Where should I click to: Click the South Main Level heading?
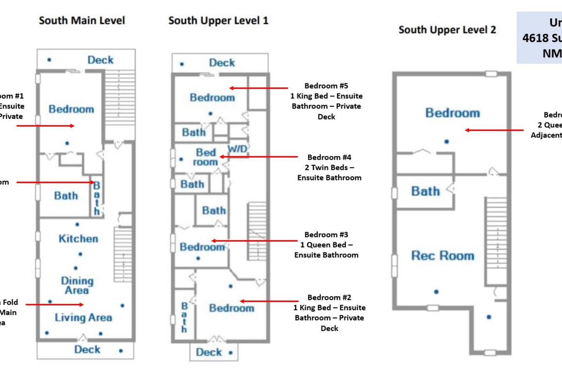coord(82,21)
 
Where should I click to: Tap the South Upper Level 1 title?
coord(218,21)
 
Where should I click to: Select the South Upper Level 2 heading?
coord(447,30)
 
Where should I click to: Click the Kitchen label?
coord(78,238)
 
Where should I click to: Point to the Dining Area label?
coord(77,285)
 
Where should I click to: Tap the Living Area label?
coord(83,318)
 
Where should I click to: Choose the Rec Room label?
coord(443,256)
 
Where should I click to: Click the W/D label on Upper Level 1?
coord(237,148)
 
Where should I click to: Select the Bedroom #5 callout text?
coord(326,101)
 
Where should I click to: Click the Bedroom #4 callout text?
coord(329,168)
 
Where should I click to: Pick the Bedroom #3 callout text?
coord(326,245)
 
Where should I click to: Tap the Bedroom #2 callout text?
coord(329,312)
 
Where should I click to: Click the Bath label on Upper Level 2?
coord(425,191)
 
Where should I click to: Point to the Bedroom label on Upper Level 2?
coord(452,113)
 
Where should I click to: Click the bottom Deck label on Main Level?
coord(87,349)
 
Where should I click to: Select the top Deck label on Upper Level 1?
coord(222,63)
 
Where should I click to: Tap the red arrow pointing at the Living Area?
coord(54,305)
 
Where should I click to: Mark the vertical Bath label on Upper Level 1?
coord(184,318)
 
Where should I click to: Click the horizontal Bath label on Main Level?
coord(66,196)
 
